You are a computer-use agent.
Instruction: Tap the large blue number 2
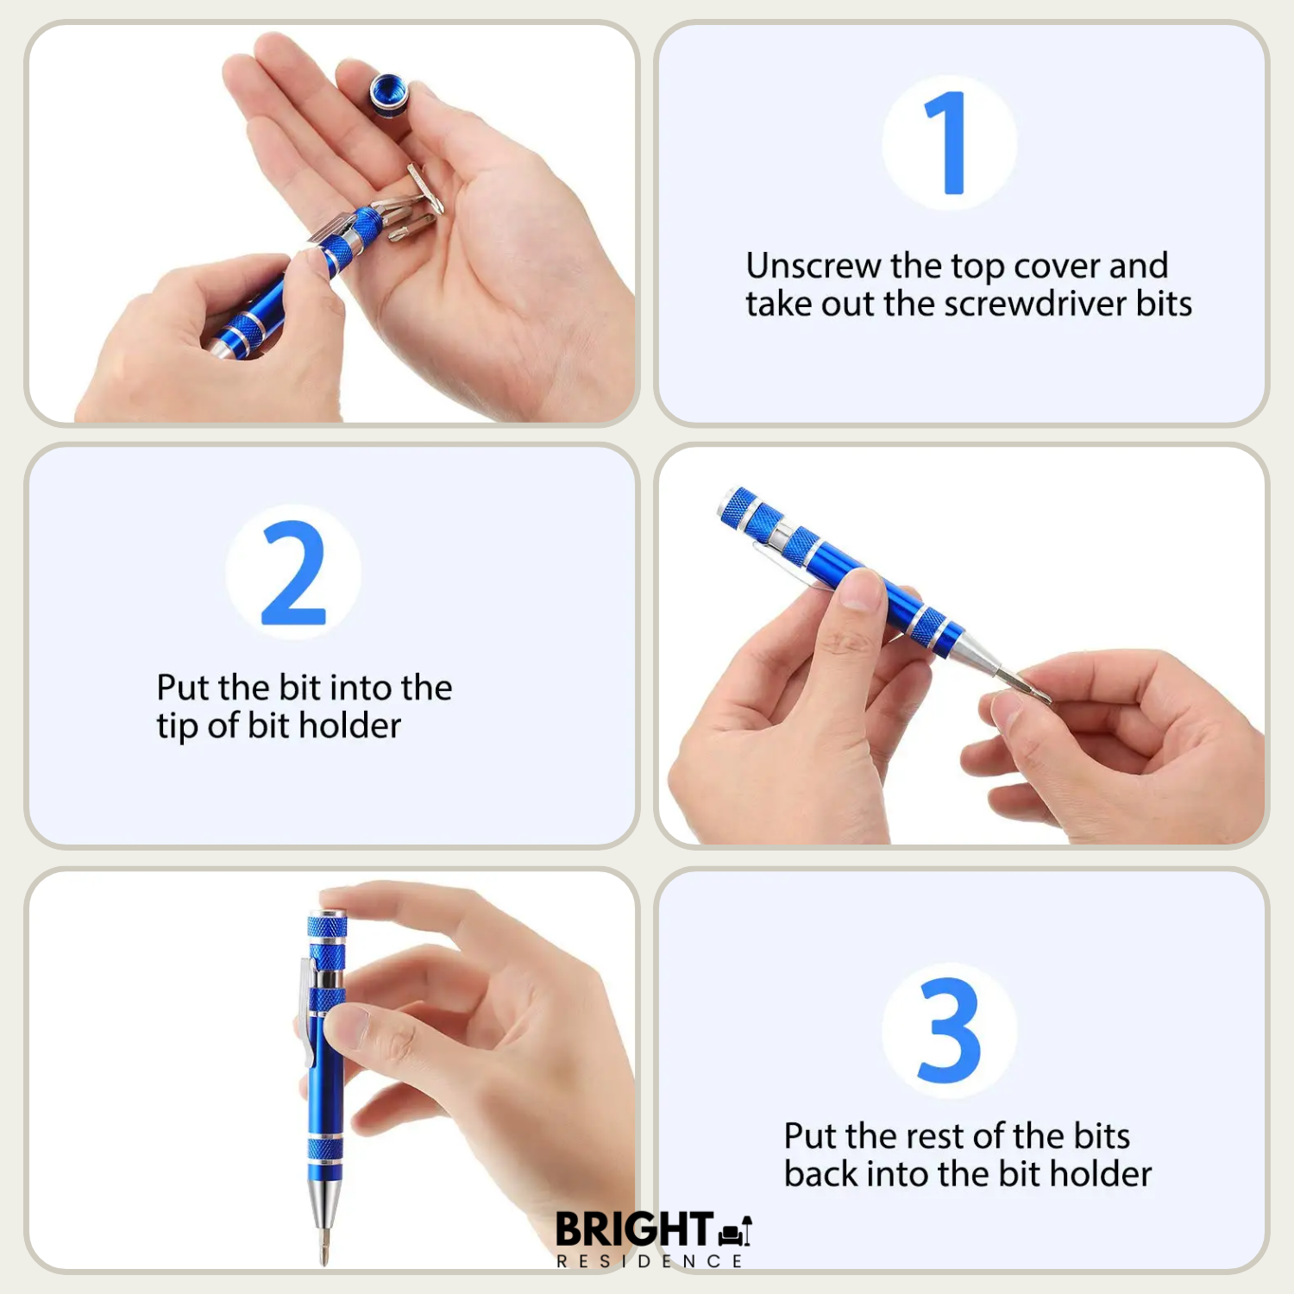(293, 572)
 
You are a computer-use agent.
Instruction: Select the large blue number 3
(949, 1030)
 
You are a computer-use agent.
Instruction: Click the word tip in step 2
(177, 726)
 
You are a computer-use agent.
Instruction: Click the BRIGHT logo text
(634, 1228)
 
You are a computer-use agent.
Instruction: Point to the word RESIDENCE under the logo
(649, 1261)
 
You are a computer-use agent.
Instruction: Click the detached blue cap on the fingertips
(389, 93)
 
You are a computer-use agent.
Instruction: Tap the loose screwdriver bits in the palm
(414, 207)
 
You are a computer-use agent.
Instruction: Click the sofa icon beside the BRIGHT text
(734, 1231)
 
